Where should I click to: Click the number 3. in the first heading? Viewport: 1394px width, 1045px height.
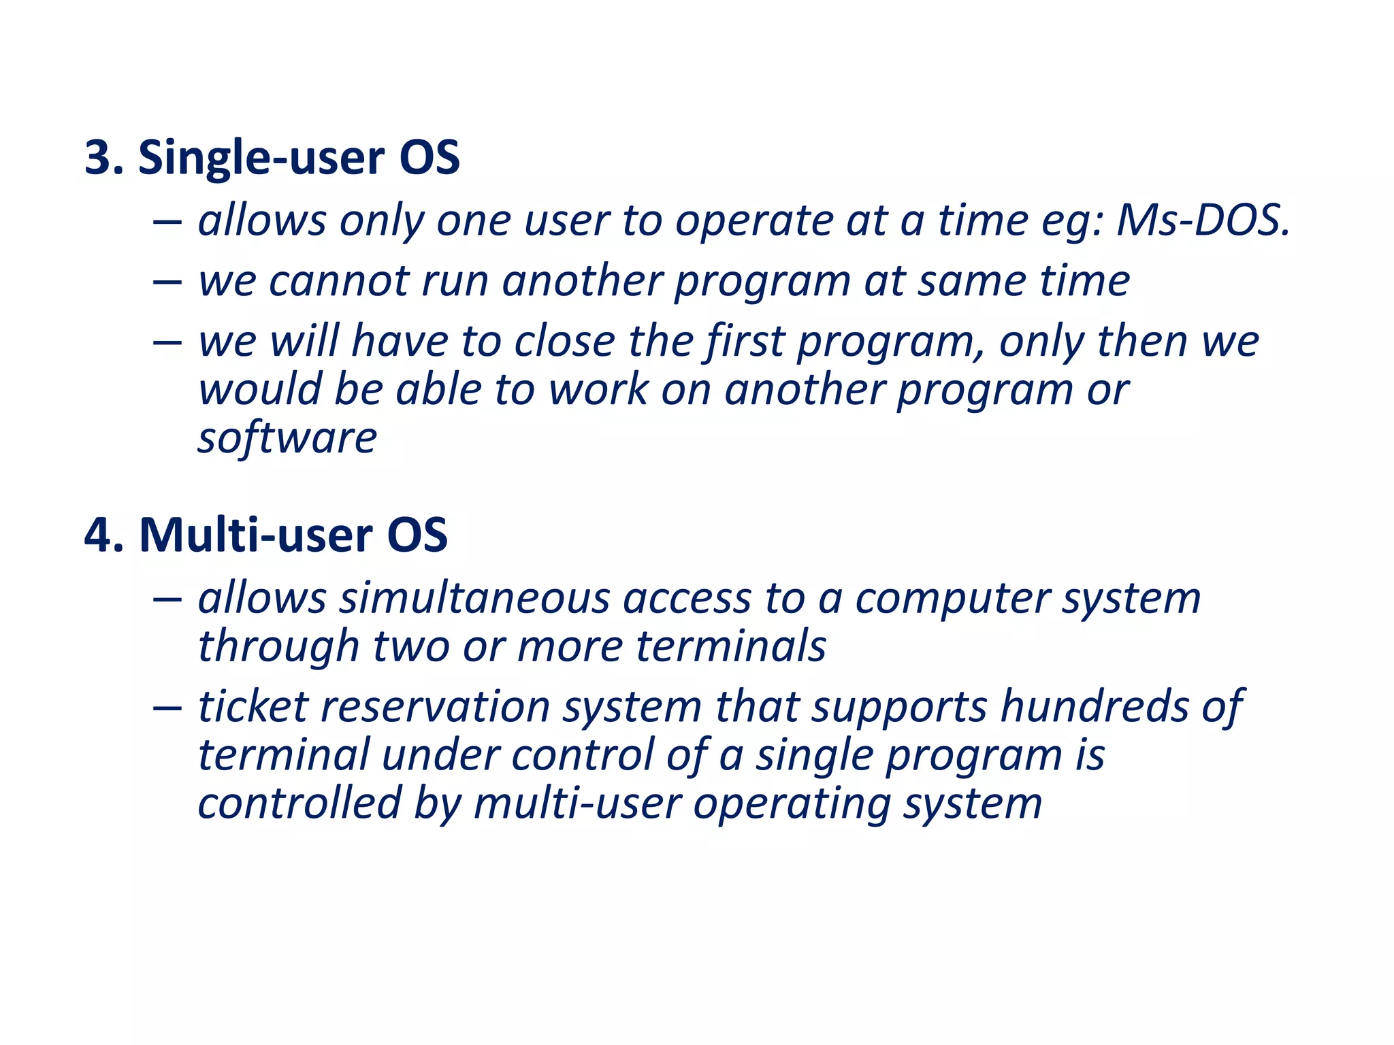coord(103,158)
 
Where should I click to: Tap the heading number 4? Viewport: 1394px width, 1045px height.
coord(103,535)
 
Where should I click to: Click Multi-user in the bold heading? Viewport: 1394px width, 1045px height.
coord(255,535)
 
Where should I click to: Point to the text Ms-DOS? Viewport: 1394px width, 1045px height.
coord(1203,221)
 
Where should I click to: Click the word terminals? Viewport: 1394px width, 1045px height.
coord(731,646)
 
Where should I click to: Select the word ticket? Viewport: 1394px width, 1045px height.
coord(253,706)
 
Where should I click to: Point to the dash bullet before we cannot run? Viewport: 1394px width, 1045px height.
coord(167,282)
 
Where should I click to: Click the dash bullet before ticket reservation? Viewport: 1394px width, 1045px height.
coord(167,708)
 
